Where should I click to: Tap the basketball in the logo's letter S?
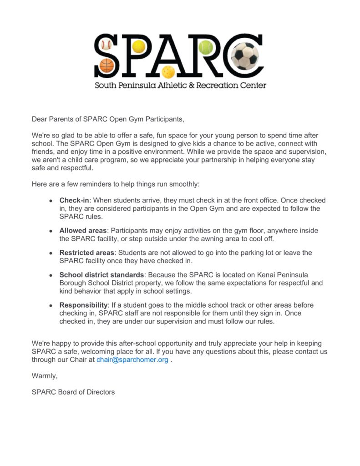coord(106,65)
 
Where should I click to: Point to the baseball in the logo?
coord(106,45)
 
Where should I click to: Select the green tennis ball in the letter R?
coord(205,47)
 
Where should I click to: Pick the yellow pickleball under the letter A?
coord(168,71)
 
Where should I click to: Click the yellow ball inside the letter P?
coord(138,46)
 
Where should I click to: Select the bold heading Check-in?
coord(74,200)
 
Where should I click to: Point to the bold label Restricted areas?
coord(87,253)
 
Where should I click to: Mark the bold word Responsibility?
coord(84,305)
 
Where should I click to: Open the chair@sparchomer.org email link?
coord(132,360)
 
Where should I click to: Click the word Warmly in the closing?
coord(44,375)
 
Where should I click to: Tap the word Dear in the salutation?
coord(40,119)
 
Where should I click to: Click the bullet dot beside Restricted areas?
coord(51,253)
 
